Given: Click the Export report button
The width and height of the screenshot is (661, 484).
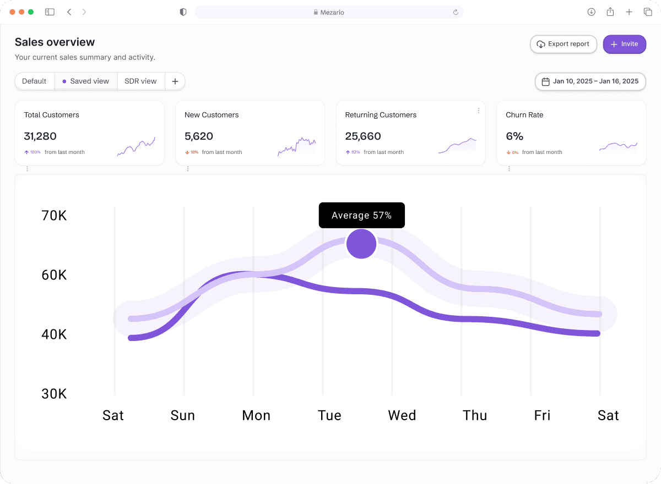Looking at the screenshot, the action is (564, 44).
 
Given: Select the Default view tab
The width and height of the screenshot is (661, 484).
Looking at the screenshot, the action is (35, 81).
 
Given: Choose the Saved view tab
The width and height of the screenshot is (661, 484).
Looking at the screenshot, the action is (86, 81).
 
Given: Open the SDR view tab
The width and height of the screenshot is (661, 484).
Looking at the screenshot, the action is (141, 81).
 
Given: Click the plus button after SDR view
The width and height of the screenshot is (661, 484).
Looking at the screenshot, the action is (175, 81).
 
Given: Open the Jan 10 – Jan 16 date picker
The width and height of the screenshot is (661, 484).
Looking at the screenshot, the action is (590, 81).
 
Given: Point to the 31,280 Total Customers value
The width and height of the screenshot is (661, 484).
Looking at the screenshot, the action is (40, 136).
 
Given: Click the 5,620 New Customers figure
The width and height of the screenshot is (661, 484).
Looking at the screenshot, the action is (199, 136).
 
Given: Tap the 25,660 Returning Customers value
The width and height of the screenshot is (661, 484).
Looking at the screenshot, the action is (363, 136).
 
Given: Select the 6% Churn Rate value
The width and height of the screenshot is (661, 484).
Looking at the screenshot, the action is (514, 136).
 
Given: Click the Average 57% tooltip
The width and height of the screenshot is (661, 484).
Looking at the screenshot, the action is (361, 216).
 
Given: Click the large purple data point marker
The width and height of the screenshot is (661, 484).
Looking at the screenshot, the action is (361, 244).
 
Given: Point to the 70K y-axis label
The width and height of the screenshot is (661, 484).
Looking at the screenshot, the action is (54, 216).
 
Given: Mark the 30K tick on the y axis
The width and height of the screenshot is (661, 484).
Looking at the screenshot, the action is (54, 394).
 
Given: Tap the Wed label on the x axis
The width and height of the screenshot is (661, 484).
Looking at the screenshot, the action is (402, 415).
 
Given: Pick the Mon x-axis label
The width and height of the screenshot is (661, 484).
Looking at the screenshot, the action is (256, 415).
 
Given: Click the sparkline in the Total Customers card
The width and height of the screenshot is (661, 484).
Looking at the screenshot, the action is (136, 146).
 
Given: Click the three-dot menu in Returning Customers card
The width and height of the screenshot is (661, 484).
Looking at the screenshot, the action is (478, 111).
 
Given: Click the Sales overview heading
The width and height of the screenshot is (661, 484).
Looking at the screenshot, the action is (55, 42).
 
